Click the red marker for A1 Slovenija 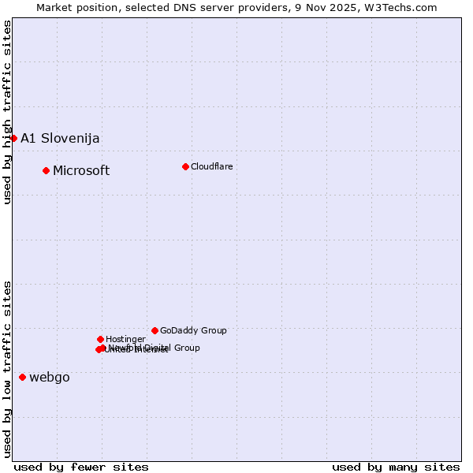tap(13, 138)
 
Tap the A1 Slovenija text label tap(60, 139)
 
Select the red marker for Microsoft tap(46, 170)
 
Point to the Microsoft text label tap(81, 171)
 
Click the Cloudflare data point tap(185, 166)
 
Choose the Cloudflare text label tap(212, 166)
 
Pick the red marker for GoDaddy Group tap(155, 330)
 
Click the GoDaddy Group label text tap(193, 331)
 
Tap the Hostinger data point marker tap(100, 339)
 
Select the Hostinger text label tap(125, 339)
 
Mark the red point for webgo tap(22, 377)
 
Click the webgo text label tap(50, 378)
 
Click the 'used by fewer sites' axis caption tap(81, 467)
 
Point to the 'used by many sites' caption tap(396, 467)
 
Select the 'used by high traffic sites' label tap(7, 112)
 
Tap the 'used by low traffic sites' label tap(7, 368)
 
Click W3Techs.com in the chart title tap(405, 7)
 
